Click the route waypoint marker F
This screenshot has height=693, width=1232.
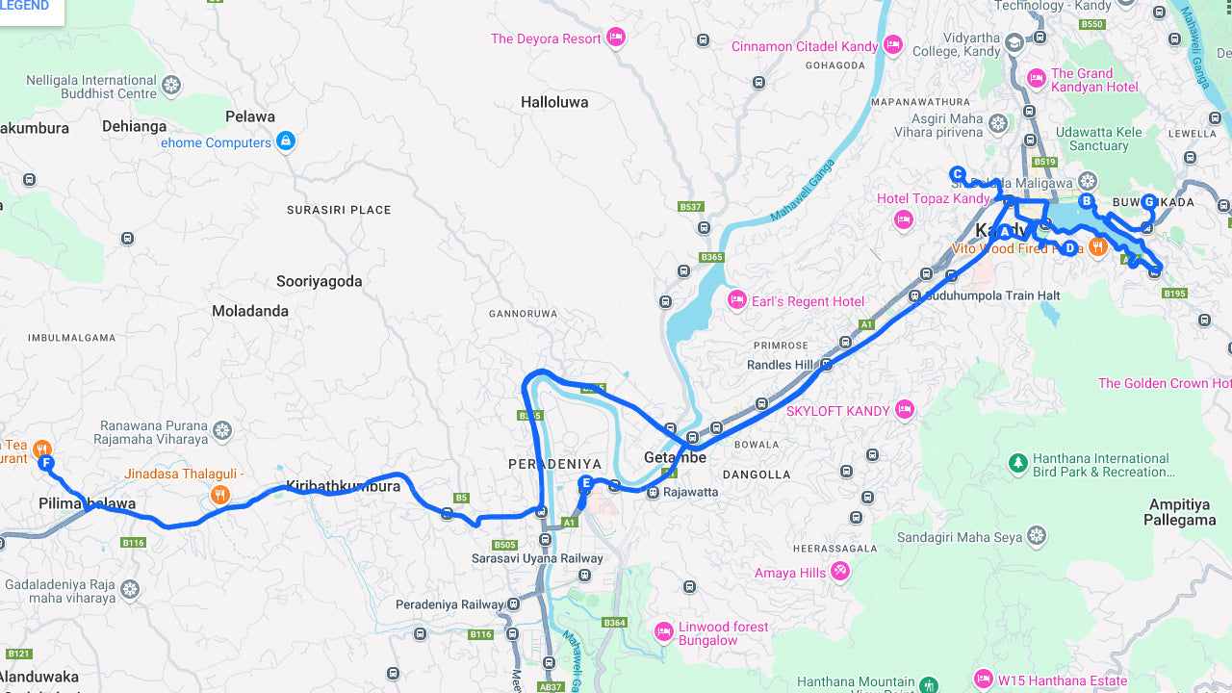coord(45,463)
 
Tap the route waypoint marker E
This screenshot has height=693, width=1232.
coord(585,483)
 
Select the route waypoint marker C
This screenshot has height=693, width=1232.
coord(957,174)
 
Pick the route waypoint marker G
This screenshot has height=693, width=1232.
coord(1148,202)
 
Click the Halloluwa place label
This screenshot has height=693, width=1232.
coord(553,102)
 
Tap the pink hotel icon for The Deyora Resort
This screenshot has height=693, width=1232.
coord(616,38)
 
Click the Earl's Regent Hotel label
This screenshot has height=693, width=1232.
coord(808,301)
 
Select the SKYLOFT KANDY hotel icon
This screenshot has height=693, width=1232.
coord(904,410)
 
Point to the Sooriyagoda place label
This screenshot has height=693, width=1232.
coord(319,282)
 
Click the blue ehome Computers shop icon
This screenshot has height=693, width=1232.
coord(285,142)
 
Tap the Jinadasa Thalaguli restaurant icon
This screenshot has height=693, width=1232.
coord(220,495)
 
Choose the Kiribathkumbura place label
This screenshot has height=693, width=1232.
coord(343,486)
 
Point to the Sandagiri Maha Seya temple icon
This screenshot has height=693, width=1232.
coord(1036,535)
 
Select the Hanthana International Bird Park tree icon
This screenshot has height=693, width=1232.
coord(1017,464)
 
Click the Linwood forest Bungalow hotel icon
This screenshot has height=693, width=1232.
coord(663,631)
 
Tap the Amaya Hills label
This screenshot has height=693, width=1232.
coord(789,573)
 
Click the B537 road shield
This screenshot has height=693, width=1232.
coord(690,207)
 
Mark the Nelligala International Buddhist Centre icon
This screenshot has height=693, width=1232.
coord(171,86)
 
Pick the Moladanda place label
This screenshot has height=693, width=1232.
coord(250,311)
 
